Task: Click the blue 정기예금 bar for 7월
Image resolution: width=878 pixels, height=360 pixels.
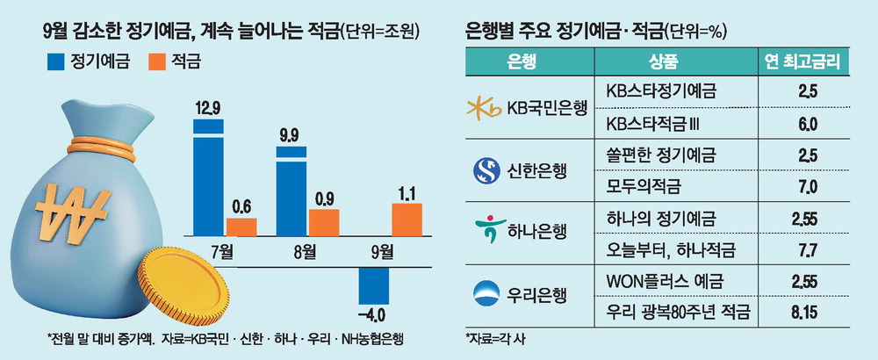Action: [209, 179]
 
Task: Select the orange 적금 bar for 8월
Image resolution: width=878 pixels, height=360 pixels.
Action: [323, 222]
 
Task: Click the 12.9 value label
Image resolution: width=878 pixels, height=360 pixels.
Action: [209, 108]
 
